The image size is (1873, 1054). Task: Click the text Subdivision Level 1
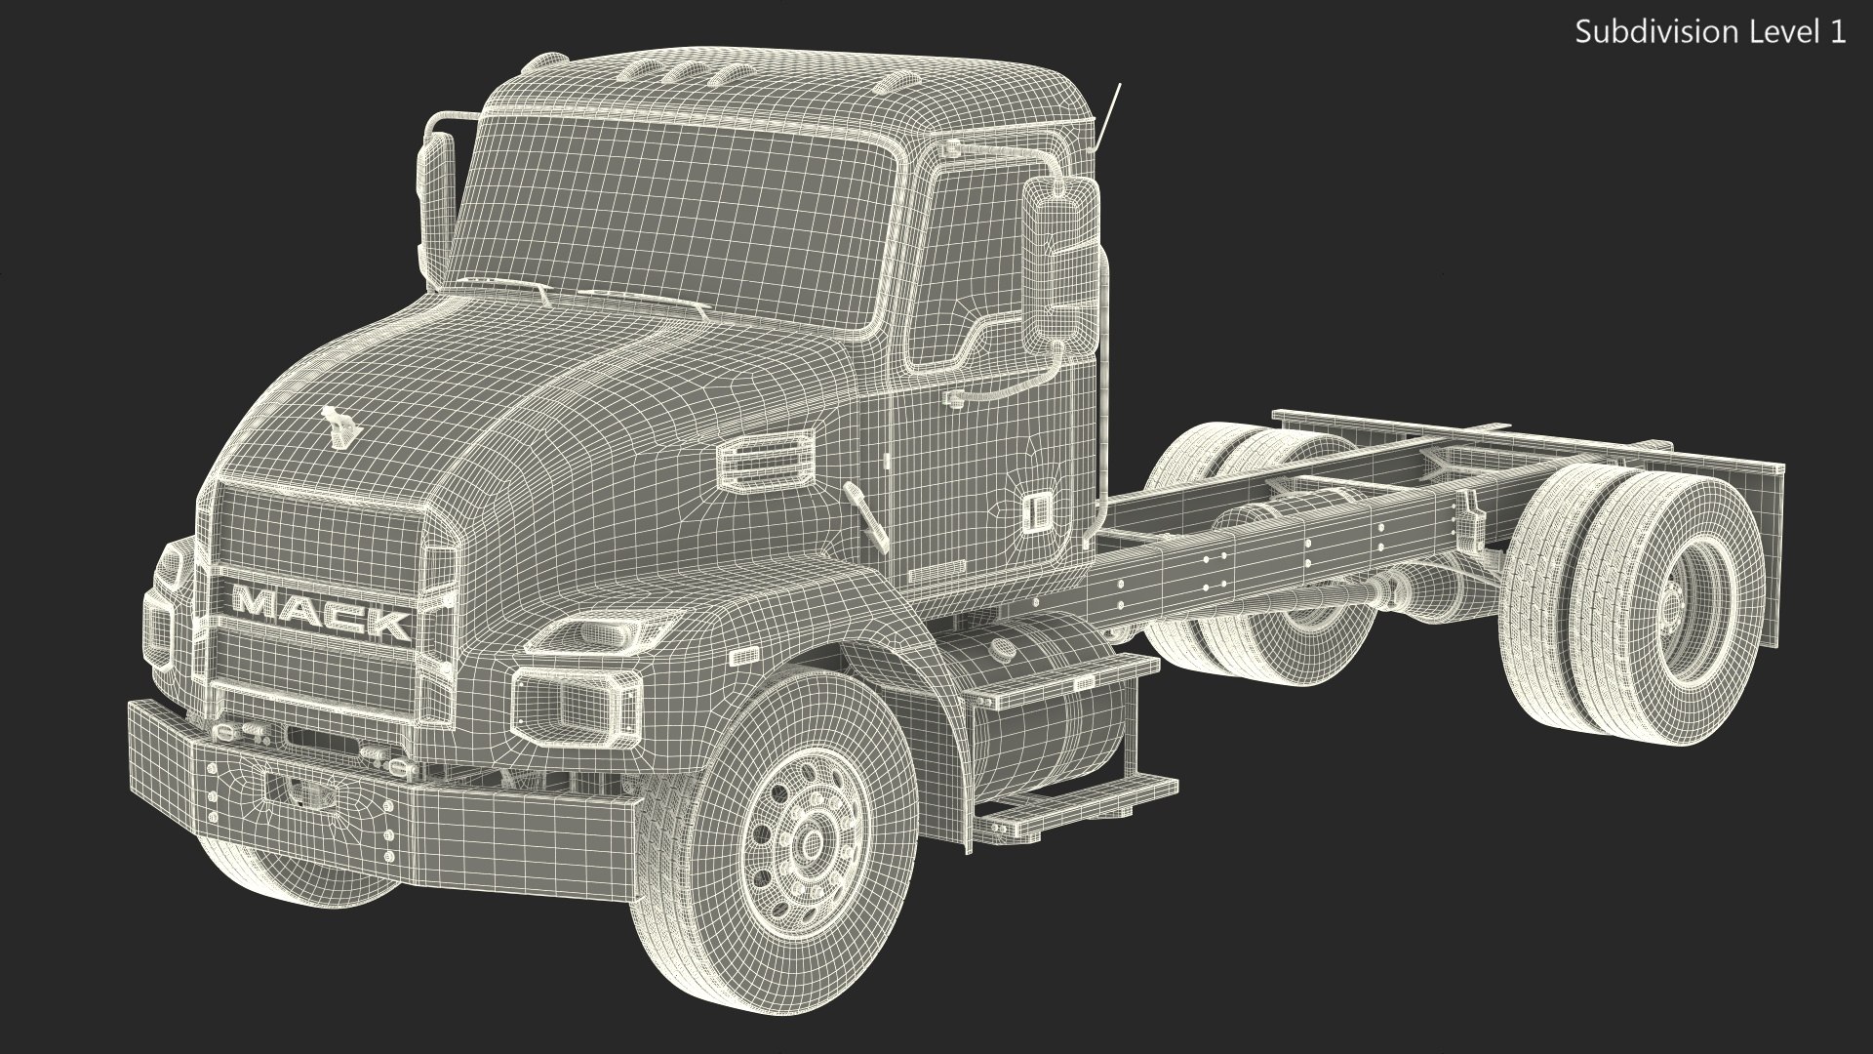tap(1710, 32)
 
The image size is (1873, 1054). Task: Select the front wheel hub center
tap(808, 841)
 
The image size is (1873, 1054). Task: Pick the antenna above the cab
tap(1108, 117)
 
